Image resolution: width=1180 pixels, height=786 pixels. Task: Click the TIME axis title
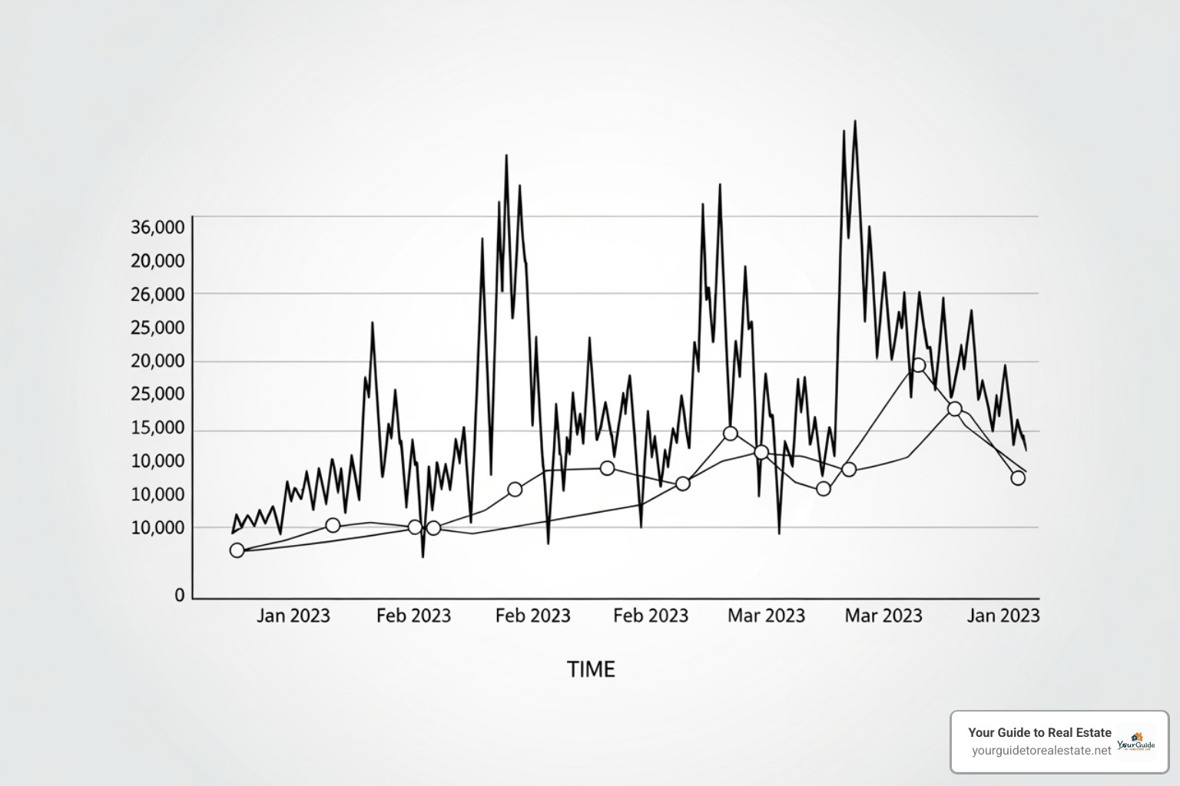591,669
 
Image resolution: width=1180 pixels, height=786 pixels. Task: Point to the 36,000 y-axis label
157,227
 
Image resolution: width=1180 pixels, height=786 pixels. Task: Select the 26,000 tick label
157,295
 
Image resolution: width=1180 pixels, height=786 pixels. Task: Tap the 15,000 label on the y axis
157,428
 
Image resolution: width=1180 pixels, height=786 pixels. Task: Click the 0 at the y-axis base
180,595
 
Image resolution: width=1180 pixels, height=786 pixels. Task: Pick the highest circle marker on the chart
919,365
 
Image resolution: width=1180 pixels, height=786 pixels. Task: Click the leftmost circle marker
237,550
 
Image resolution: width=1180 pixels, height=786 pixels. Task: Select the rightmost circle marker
1018,478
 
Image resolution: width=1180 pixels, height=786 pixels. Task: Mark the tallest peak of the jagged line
855,121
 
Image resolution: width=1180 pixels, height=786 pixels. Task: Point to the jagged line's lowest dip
423,556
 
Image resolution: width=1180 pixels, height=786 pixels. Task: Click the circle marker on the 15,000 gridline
731,434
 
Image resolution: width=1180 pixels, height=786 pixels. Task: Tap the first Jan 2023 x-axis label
293,616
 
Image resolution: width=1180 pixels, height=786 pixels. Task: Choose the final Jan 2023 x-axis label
1003,616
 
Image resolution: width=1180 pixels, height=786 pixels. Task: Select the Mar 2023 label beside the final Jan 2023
883,616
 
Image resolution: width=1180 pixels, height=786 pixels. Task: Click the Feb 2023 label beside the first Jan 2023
413,616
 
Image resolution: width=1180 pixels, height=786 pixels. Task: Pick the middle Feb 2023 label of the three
532,616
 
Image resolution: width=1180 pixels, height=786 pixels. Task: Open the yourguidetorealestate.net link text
1041,751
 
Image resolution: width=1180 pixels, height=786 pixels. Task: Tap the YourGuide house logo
1136,741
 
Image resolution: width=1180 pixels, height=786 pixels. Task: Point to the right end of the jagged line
1026,451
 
